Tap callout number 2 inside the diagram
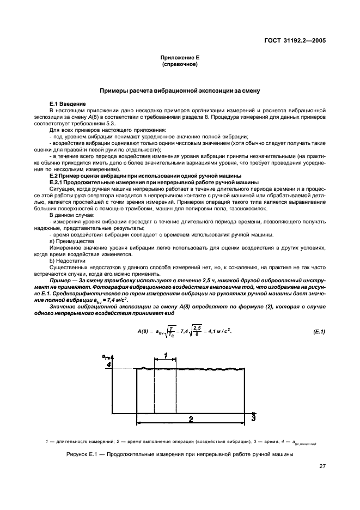tap(191, 419)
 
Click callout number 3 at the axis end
tap(253, 417)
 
